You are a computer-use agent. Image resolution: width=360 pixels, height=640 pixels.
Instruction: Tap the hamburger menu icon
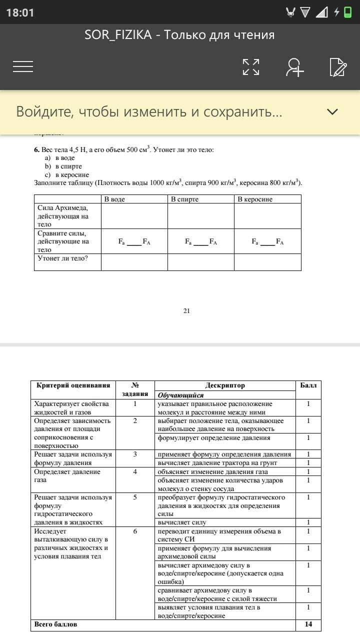coord(23,66)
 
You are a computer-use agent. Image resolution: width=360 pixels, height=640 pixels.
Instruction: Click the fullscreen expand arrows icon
coord(251,67)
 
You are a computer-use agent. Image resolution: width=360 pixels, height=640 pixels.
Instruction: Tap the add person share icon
coord(294,67)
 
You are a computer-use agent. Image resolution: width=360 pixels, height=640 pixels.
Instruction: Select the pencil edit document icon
coord(338,67)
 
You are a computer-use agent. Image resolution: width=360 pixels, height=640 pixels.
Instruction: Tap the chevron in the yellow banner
coord(332,111)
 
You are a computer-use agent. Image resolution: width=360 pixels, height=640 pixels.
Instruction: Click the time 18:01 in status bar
coord(20,12)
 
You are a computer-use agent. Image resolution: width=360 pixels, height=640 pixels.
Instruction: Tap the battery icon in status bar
coord(348,12)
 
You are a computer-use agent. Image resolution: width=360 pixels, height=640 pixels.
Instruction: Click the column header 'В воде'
coord(114,199)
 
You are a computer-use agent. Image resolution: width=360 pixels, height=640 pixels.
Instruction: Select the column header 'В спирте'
coord(184,199)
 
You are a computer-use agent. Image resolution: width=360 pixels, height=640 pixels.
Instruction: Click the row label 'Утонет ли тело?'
coord(62,258)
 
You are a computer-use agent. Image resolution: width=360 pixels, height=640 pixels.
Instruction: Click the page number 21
coord(186,311)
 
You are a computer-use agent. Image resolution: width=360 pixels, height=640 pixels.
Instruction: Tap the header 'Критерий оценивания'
coord(73,385)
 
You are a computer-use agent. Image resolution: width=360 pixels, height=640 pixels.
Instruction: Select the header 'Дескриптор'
coord(225,385)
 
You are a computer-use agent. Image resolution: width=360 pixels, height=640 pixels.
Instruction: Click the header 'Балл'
coord(308,385)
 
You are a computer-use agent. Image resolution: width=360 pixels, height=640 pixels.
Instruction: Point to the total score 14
coord(308,624)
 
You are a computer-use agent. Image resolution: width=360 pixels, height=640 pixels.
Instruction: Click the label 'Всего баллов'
coord(55,624)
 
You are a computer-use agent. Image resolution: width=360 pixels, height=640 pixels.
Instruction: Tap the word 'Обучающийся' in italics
coord(180,395)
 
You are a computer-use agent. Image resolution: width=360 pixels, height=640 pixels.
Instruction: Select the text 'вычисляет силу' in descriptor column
coord(182,522)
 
